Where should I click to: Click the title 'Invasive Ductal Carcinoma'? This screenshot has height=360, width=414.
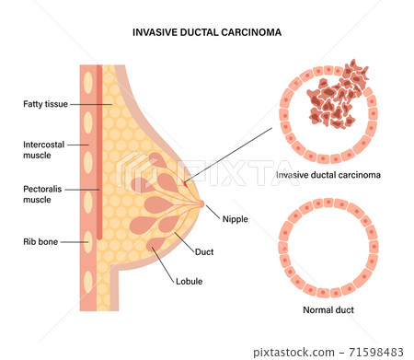pos(206,31)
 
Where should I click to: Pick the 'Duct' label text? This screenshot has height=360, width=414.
pos(205,251)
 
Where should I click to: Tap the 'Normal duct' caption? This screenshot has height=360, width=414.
pos(328,310)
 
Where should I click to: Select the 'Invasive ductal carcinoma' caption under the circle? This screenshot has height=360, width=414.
pos(328,174)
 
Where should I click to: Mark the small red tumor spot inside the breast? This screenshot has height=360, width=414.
pos(187,183)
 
